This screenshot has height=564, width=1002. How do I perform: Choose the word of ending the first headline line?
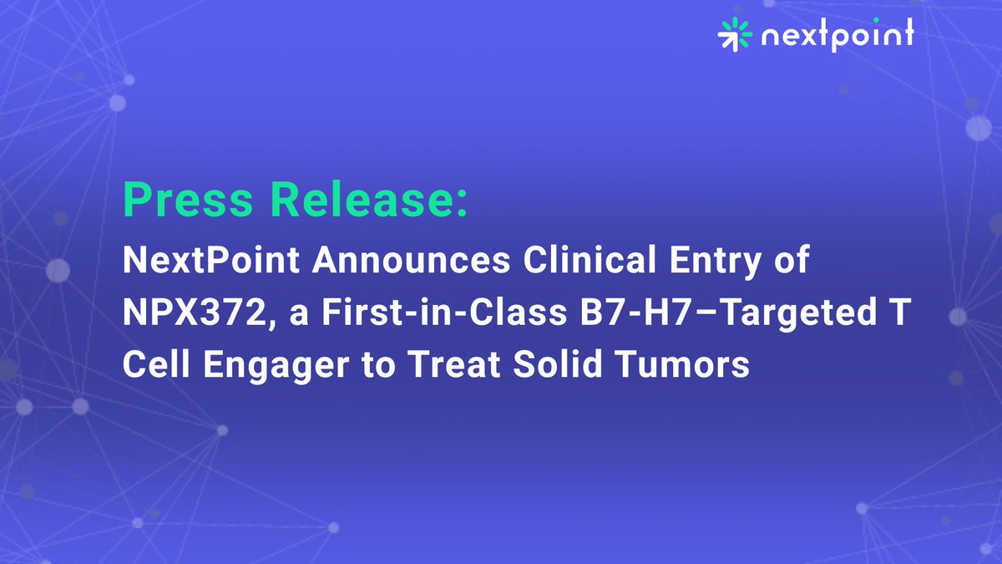coord(793,261)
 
